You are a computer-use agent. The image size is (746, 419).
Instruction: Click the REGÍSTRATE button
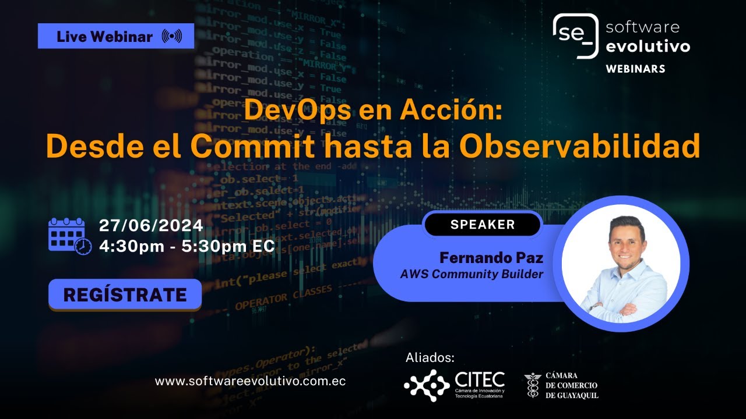tap(125, 294)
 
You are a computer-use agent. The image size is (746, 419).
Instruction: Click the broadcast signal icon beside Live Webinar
tap(171, 37)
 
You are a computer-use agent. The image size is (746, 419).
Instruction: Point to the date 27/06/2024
tap(151, 225)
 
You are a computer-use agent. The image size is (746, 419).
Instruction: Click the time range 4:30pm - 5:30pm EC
tap(186, 246)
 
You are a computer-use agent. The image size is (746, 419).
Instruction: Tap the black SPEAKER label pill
tap(482, 225)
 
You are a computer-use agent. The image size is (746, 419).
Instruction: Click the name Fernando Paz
tap(491, 257)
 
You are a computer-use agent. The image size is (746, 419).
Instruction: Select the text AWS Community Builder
tap(471, 274)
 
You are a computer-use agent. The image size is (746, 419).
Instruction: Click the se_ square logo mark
tap(576, 35)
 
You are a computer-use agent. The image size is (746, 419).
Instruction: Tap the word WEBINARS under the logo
tap(635, 69)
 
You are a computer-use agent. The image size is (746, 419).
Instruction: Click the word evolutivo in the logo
tap(648, 47)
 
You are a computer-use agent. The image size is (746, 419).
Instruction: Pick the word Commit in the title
tap(254, 147)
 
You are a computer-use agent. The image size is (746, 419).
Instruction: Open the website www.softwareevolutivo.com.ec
tap(250, 382)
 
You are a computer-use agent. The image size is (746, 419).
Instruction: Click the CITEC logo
tap(454, 385)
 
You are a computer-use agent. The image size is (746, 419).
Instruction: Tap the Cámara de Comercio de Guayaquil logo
tap(561, 386)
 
